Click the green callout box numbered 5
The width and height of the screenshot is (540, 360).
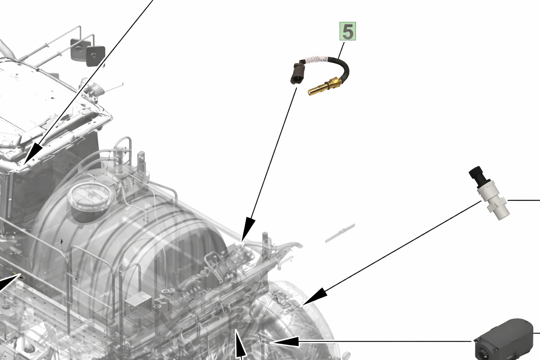click(x=348, y=31)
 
